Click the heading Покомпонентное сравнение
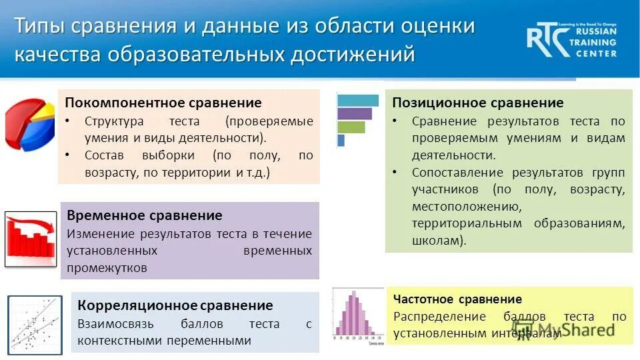coord(163,103)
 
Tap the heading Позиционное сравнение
coord(477,103)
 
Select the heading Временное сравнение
coord(145,216)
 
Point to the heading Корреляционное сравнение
coord(175,306)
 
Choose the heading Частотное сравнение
coord(457,299)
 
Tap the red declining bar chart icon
coord(31,239)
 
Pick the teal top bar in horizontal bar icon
coord(357,101)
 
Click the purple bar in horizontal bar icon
coord(354,113)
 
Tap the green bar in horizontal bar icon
coord(351,127)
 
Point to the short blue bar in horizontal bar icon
coord(341,140)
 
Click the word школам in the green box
coord(437,240)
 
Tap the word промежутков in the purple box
coord(107,268)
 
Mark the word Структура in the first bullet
coord(114,122)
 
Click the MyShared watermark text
coord(577,329)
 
